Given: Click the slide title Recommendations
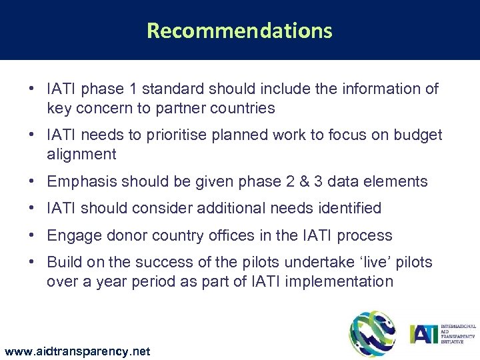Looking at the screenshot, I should point(239,31).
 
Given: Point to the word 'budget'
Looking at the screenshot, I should point(418,135).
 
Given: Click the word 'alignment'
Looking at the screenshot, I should point(81,155).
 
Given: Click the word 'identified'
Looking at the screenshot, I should point(345,209).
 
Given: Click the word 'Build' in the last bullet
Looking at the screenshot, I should point(63,262).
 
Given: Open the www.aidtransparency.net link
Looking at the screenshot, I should point(77,351).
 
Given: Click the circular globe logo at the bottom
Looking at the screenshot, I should point(372,333).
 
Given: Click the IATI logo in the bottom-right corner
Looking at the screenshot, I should point(441,333).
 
